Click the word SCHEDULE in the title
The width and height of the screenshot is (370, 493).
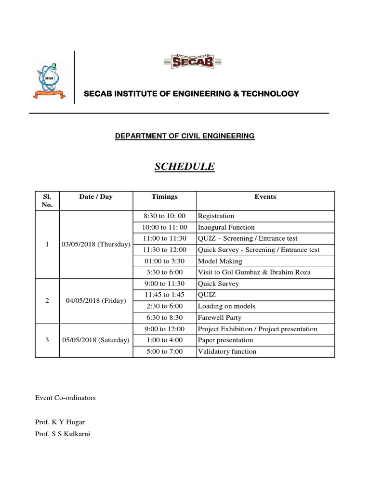(x=185, y=167)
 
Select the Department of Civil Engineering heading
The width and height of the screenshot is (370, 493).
(x=185, y=136)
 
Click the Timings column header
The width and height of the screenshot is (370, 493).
(x=164, y=196)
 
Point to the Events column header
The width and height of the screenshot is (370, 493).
(x=265, y=196)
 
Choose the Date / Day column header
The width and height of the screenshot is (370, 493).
(x=96, y=196)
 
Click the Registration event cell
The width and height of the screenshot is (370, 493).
(x=216, y=216)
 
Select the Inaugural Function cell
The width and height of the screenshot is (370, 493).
(x=226, y=227)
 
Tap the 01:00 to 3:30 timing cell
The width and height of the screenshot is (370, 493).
(x=164, y=261)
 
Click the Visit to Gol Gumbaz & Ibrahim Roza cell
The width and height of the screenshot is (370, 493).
(x=254, y=272)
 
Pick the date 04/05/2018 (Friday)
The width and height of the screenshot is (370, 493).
(x=96, y=300)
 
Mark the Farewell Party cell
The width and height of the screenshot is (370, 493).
(x=219, y=318)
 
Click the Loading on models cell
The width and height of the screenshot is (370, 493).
(x=226, y=306)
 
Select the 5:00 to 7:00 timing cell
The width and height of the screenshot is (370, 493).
(x=164, y=351)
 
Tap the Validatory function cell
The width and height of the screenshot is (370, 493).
(x=227, y=351)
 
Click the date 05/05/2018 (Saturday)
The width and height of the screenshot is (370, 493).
(x=96, y=340)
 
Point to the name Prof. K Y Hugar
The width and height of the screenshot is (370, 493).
(x=60, y=422)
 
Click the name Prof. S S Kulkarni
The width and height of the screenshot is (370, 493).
(x=63, y=434)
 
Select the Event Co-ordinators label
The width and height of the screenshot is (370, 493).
(x=66, y=398)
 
